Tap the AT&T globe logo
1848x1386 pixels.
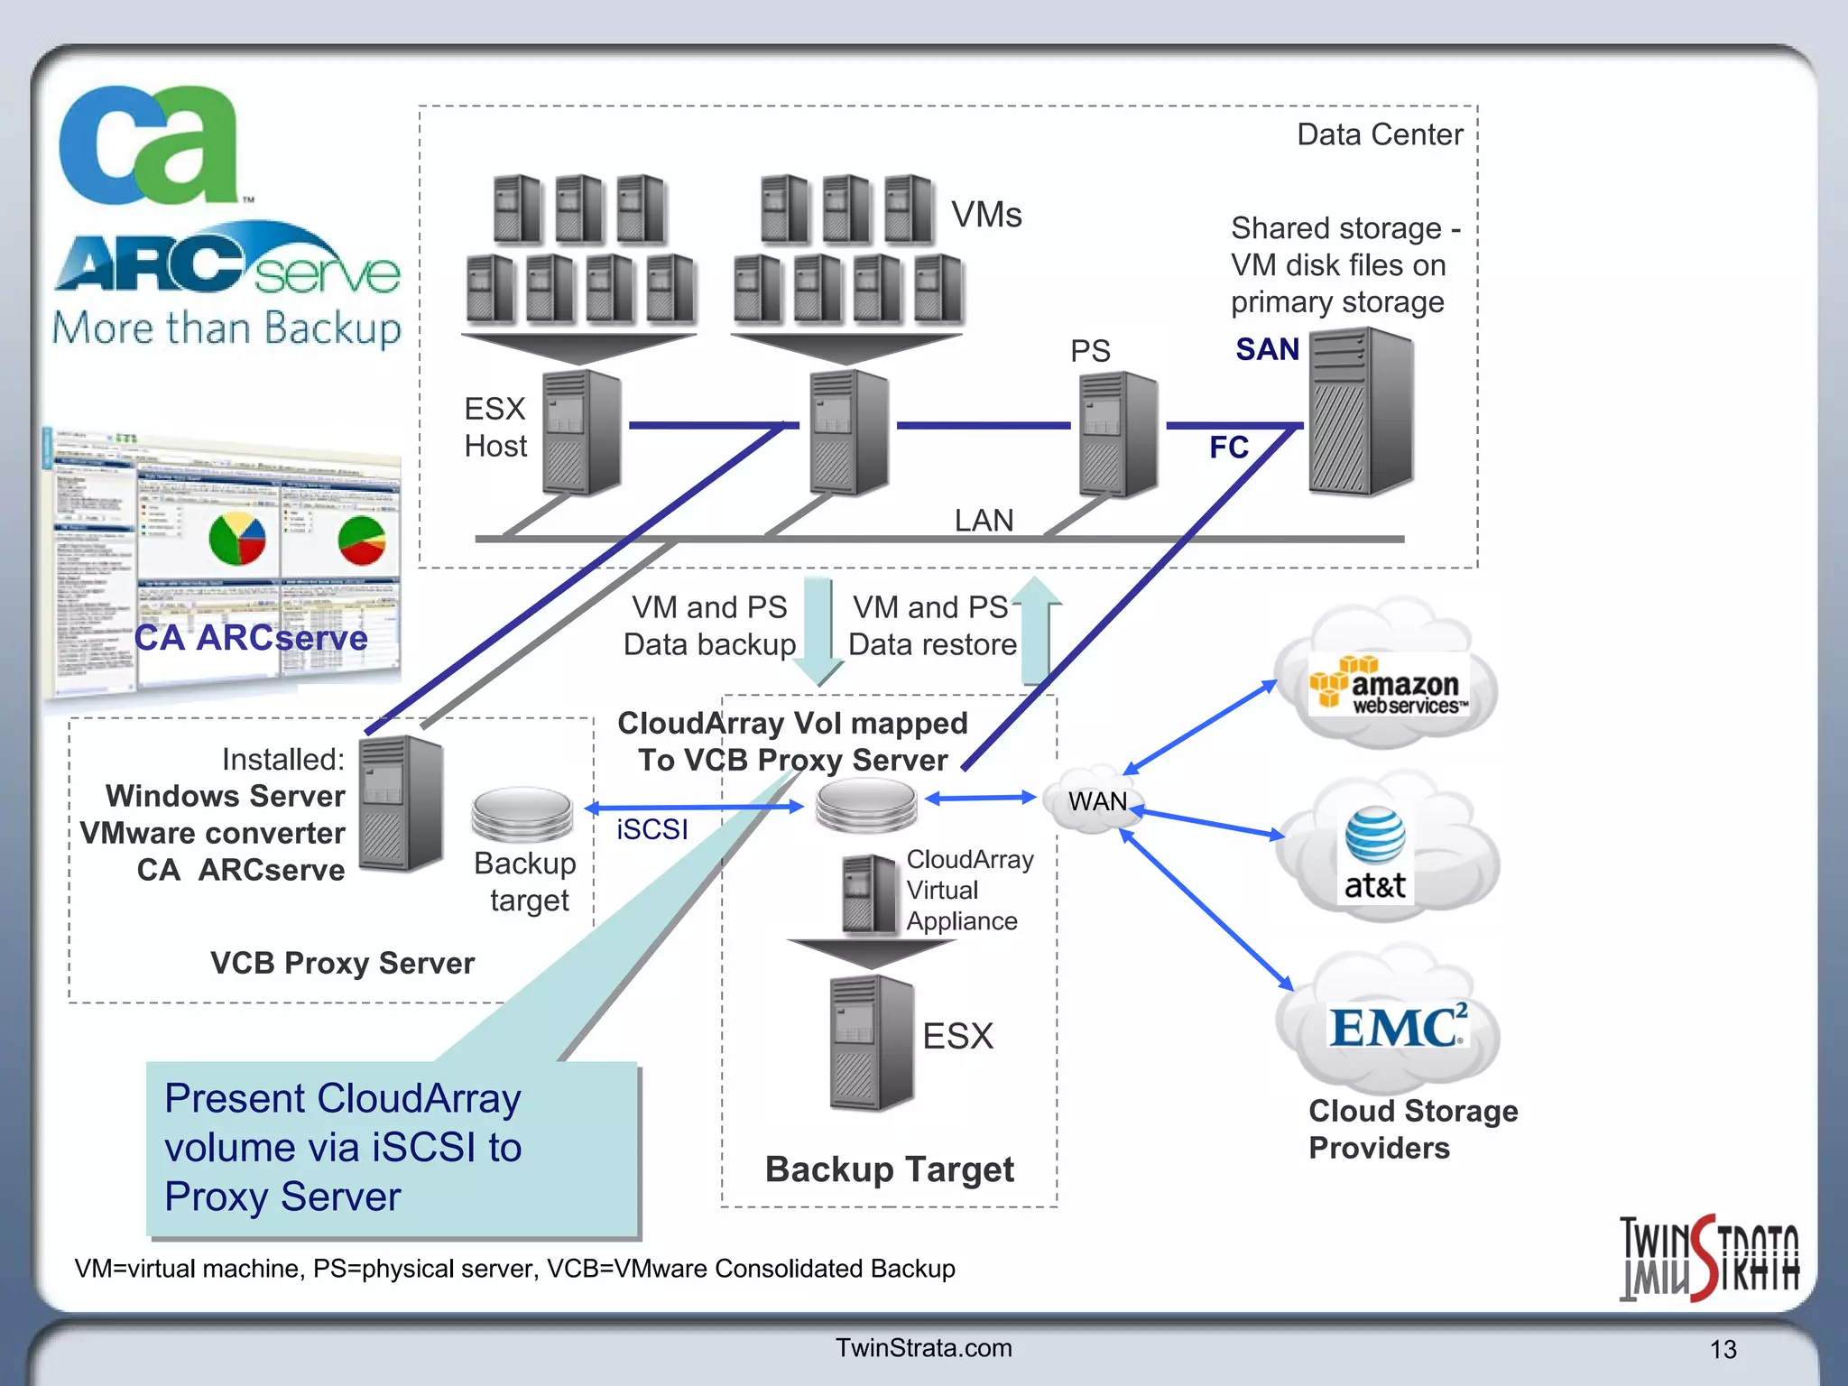[1374, 835]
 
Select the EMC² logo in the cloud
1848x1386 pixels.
[1397, 1027]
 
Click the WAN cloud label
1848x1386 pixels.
[1097, 801]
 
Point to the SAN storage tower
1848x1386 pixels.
[1361, 412]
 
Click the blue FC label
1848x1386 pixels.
[1228, 448]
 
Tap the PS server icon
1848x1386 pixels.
[1118, 434]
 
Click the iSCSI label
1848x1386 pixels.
[651, 829]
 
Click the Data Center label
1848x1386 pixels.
[1379, 134]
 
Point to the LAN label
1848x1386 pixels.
[984, 521]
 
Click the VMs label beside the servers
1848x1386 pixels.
[986, 215]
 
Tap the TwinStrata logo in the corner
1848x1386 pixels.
[1708, 1258]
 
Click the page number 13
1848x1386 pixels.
[1723, 1350]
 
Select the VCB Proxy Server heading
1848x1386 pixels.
[342, 963]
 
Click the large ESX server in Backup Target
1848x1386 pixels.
[871, 1042]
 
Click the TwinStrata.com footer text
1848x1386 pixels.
[923, 1348]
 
